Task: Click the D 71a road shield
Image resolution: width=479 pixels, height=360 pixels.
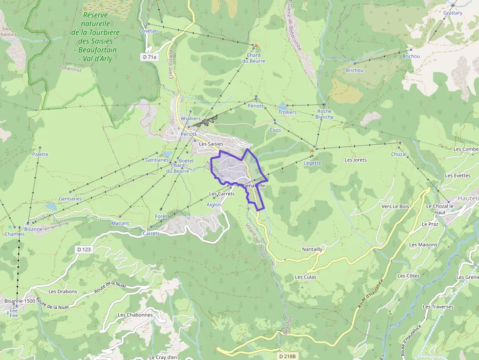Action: tap(150, 57)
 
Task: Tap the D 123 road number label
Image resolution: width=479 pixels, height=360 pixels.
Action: tap(84, 249)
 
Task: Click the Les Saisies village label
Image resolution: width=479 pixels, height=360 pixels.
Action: tap(211, 144)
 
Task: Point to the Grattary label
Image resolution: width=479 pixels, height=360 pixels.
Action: tap(453, 13)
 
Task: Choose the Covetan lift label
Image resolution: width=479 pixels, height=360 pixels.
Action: tap(149, 31)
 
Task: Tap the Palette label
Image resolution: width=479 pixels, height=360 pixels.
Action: tap(40, 154)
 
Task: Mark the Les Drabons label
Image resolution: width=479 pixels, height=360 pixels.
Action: tap(63, 292)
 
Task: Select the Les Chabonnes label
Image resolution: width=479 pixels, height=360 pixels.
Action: tap(135, 315)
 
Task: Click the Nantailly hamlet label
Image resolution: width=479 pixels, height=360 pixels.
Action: tap(312, 249)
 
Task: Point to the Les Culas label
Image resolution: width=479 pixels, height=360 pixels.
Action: tap(305, 277)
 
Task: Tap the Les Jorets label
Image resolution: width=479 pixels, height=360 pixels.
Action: tap(355, 160)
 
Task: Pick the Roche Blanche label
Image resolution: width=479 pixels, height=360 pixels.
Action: tap(325, 114)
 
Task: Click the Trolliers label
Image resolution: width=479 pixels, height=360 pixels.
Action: tap(287, 112)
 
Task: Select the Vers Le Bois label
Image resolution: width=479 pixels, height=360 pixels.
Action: tap(394, 206)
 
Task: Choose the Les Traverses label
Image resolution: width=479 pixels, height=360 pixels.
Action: tap(438, 307)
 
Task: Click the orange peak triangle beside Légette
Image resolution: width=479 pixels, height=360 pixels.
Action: tap(312, 150)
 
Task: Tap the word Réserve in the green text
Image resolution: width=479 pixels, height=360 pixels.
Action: tap(95, 15)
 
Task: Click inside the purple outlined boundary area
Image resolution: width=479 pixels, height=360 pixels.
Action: tap(235, 169)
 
